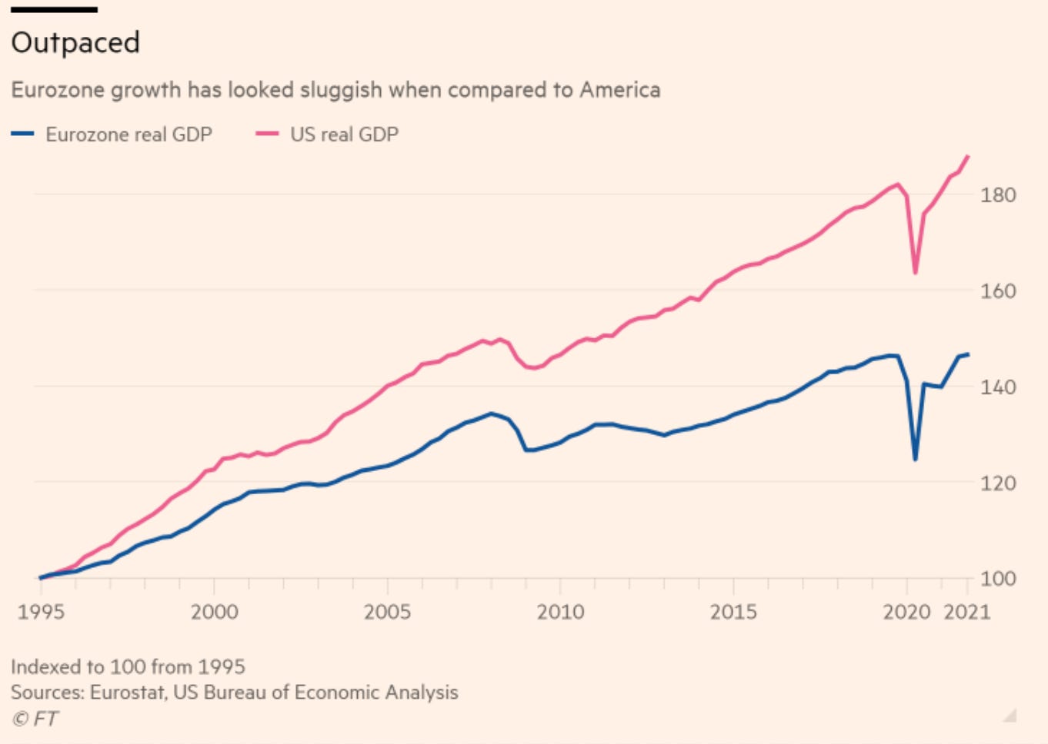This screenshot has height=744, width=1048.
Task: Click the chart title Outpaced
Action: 75,42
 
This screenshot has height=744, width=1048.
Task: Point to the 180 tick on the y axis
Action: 997,195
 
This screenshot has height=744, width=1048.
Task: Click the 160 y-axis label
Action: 997,291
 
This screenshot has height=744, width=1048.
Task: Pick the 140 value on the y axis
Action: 997,387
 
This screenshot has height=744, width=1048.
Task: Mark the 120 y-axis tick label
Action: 997,483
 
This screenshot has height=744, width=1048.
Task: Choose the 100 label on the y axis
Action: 997,579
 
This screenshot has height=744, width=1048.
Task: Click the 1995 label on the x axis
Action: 41,613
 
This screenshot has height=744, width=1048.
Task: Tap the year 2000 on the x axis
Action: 214,613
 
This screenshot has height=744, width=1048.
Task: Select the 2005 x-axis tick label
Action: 387,613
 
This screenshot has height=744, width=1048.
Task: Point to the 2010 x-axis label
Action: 560,613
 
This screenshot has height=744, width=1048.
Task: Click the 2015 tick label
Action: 733,613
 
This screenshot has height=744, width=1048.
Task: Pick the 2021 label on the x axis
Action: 967,613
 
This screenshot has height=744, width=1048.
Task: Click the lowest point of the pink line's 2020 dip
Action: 915,273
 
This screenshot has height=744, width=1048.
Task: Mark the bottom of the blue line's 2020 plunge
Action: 915,460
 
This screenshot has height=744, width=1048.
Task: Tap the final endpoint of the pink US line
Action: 968,157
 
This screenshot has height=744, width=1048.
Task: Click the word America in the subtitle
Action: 620,90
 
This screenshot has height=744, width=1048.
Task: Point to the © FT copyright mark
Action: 35,719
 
